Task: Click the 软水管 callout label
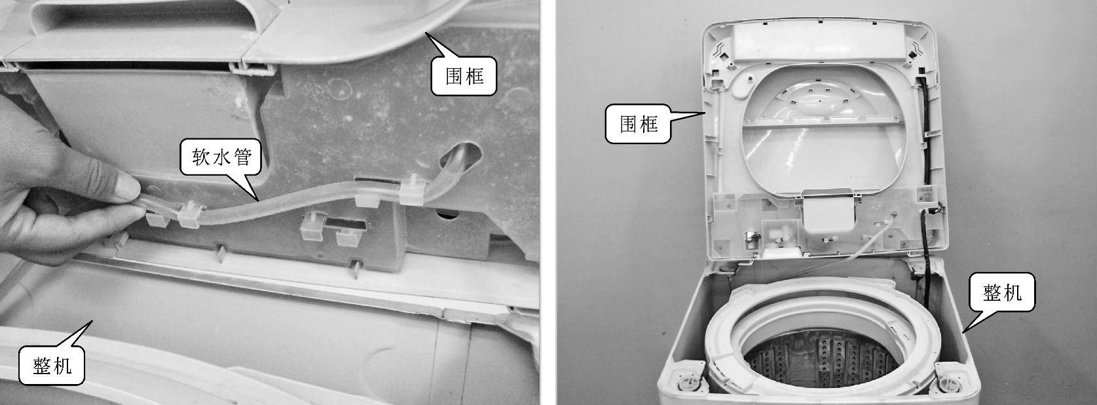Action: pyautogui.click(x=221, y=157)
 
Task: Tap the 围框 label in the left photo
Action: pyautogui.click(x=464, y=75)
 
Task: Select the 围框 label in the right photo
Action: pyautogui.click(x=638, y=124)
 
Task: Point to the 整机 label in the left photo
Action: pyautogui.click(x=52, y=366)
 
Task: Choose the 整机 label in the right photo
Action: pyautogui.click(x=1002, y=292)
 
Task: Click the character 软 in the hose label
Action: pyautogui.click(x=201, y=157)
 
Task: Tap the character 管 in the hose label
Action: pyautogui.click(x=242, y=157)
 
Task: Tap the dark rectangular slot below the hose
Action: pyautogui.click(x=345, y=225)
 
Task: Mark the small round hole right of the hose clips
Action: pyautogui.click(x=447, y=214)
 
